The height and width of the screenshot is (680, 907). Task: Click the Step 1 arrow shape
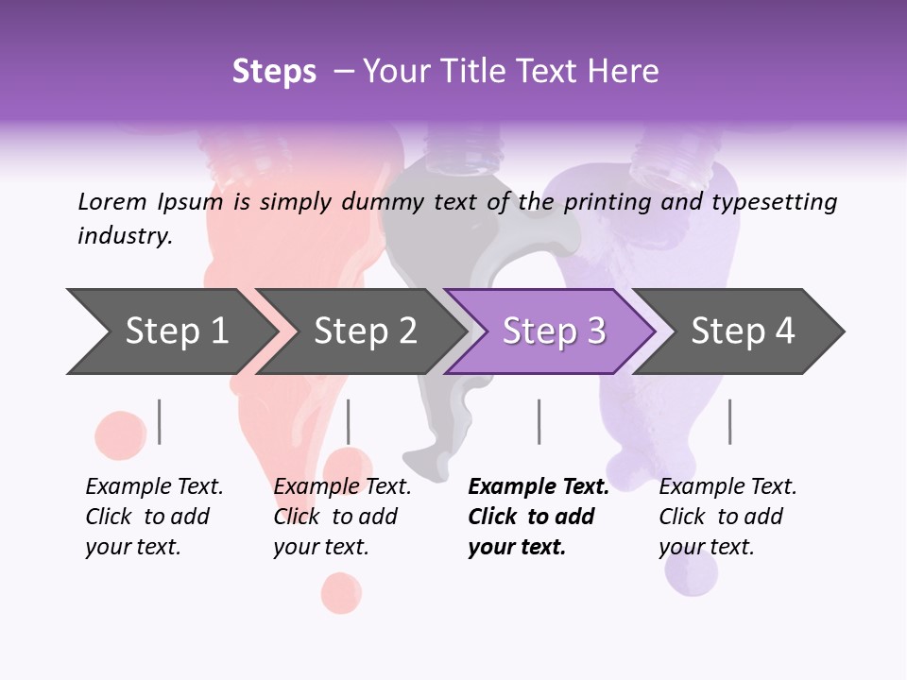[170, 331]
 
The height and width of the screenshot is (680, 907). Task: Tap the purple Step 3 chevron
[553, 331]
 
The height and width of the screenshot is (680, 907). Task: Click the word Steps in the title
[274, 71]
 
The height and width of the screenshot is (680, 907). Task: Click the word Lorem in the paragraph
[112, 201]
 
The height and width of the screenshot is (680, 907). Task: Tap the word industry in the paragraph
[125, 235]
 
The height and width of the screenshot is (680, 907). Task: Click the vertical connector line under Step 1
[159, 421]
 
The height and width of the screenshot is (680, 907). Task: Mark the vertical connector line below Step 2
[349, 421]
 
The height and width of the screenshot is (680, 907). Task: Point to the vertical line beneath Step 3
[539, 421]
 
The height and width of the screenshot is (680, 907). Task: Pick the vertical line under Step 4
[729, 421]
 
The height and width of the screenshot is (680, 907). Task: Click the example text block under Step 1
[154, 517]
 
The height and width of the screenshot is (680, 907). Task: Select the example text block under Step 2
[342, 517]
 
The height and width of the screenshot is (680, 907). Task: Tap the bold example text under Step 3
[538, 517]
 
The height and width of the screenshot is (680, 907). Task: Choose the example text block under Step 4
[727, 517]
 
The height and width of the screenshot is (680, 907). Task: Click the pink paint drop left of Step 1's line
[121, 434]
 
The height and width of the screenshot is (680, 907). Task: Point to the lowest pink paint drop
[341, 592]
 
